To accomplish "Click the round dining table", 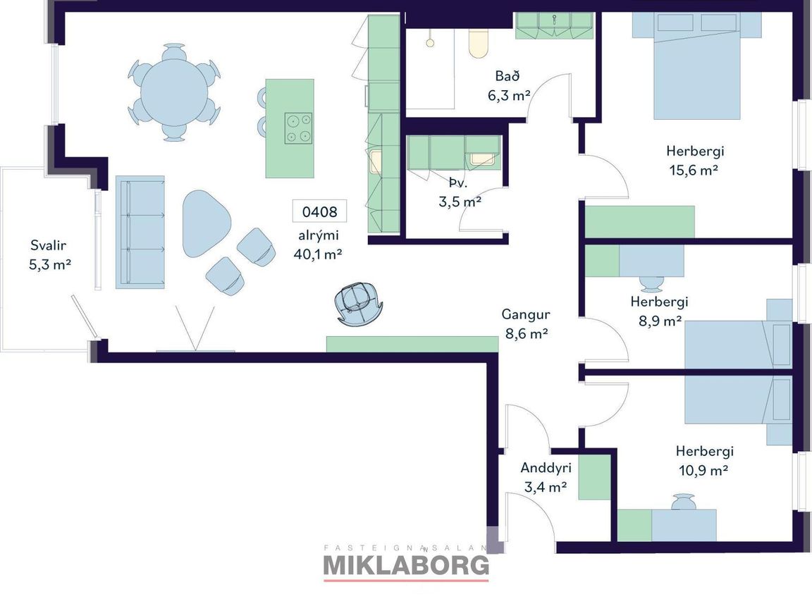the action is [x=174, y=92].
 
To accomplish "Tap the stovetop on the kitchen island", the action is [x=298, y=128].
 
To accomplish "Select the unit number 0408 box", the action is [x=319, y=211].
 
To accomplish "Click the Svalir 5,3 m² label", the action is [x=49, y=254].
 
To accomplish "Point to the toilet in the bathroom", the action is [x=478, y=44].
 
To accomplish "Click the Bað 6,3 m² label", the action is [x=508, y=85].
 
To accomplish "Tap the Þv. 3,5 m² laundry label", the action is [x=460, y=192].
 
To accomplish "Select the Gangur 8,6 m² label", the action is [x=526, y=323].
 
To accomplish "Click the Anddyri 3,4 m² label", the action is [x=546, y=477].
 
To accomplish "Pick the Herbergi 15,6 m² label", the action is [x=694, y=161].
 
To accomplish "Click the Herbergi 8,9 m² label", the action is [x=659, y=311].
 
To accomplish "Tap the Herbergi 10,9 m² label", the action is [x=704, y=460].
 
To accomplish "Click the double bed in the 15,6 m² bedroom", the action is [x=696, y=66].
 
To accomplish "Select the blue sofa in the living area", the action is [x=140, y=232].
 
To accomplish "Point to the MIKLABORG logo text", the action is [x=406, y=565].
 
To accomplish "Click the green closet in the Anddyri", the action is [x=594, y=477].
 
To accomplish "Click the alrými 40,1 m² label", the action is [x=318, y=245].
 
